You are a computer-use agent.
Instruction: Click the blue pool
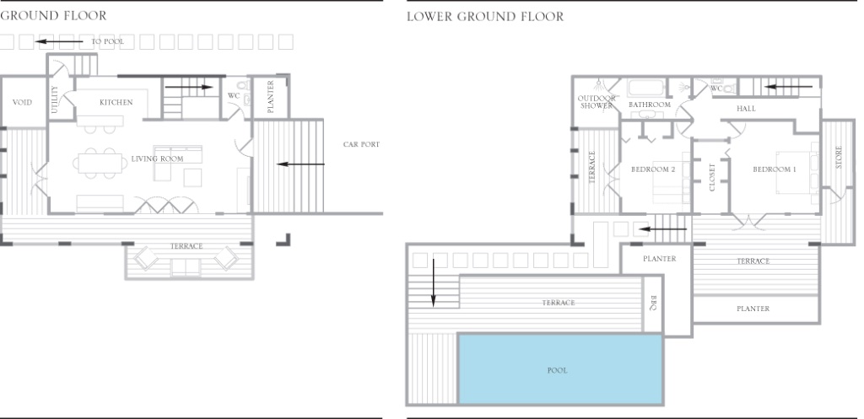coord(560,369)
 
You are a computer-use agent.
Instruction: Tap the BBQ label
coord(653,303)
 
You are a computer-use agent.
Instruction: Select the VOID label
coord(22,102)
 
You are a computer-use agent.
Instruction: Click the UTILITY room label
coord(54,99)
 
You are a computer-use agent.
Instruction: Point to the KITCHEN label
coord(116,102)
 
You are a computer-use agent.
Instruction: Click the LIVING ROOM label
coord(157,158)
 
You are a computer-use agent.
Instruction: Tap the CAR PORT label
coord(361,144)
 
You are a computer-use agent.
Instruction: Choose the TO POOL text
coord(107,41)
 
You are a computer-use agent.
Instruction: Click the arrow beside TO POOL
coord(60,41)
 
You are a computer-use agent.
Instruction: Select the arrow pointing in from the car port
coord(301,164)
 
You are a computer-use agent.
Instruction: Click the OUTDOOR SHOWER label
coord(597,102)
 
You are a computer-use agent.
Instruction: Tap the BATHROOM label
coord(650,105)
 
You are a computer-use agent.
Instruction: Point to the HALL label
coord(746,109)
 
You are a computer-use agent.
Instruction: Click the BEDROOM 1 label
coord(775,169)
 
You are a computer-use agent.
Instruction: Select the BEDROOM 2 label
coord(653,169)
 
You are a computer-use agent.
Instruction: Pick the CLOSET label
coord(712,177)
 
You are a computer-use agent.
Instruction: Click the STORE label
coord(839,157)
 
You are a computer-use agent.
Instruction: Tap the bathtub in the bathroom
coord(646,89)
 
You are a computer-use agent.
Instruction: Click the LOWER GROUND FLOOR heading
coord(485,17)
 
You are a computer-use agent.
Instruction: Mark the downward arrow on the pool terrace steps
coord(433,283)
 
